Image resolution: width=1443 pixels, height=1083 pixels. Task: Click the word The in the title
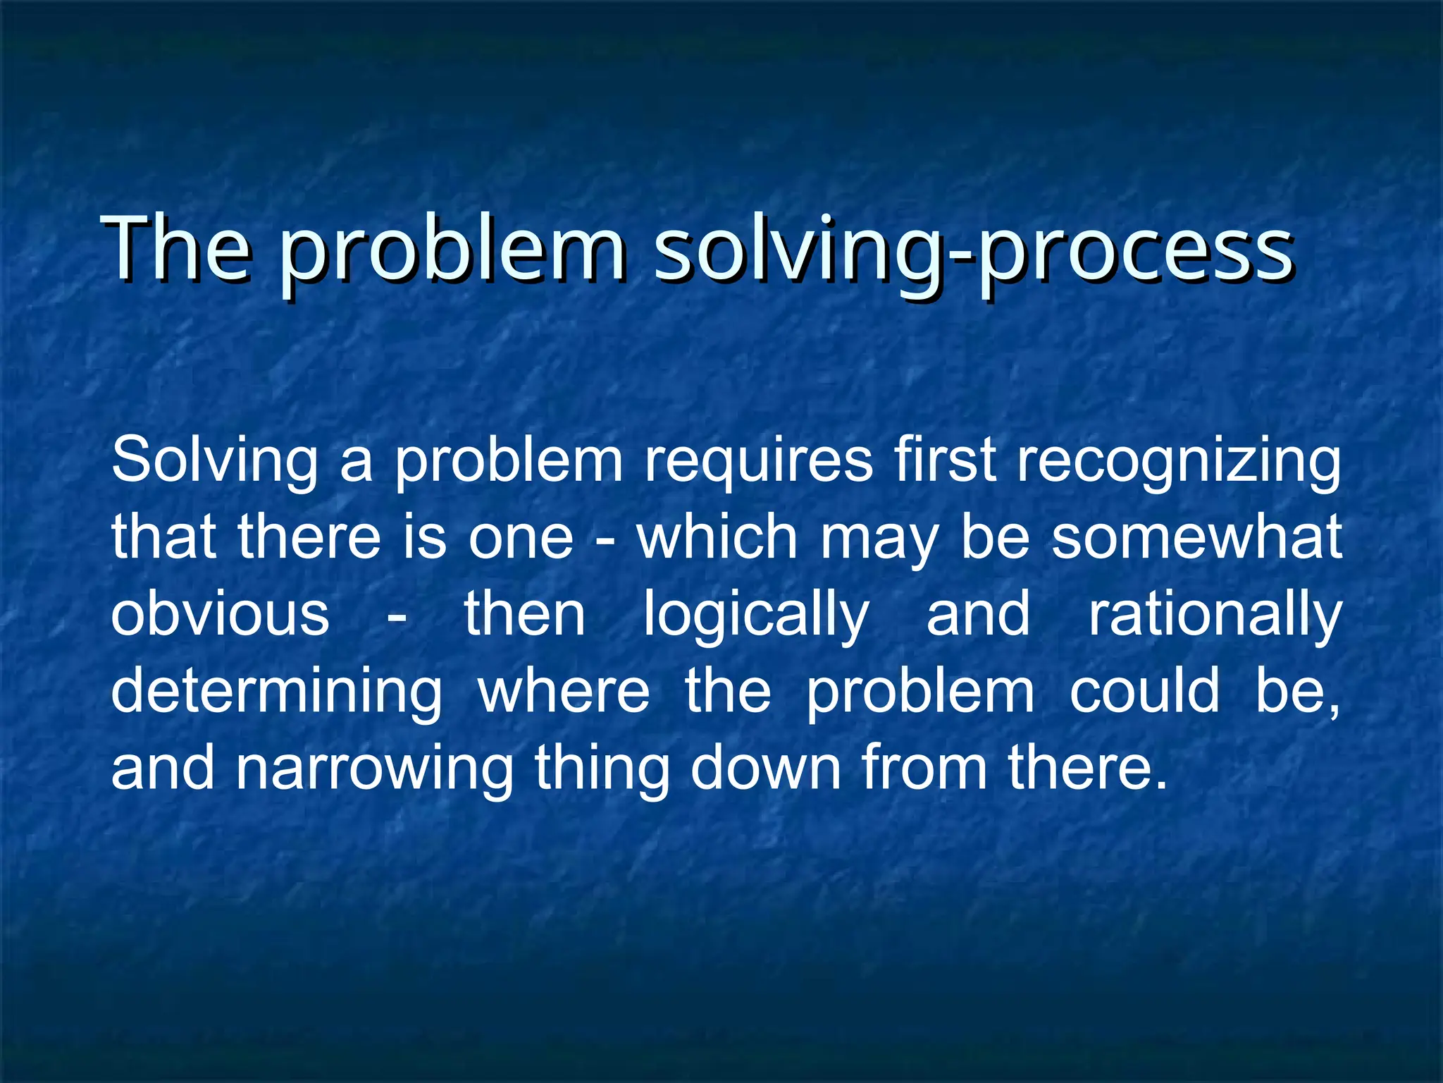click(176, 250)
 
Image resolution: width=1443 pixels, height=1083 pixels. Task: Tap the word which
click(717, 537)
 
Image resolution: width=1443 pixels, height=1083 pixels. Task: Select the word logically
click(756, 615)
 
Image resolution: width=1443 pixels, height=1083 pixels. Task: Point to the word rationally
click(1215, 615)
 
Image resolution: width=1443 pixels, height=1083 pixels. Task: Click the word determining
click(276, 692)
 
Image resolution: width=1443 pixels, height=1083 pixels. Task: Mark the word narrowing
click(374, 770)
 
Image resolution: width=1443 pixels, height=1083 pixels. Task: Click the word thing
click(602, 770)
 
